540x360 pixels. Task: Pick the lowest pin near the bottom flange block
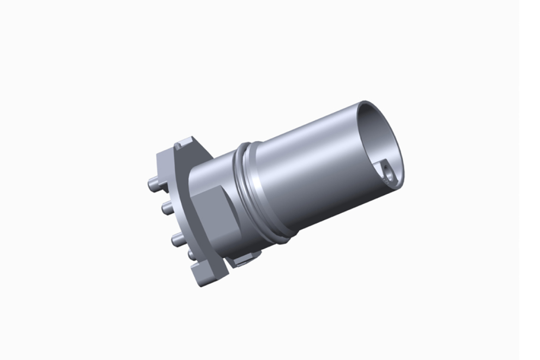191,254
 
